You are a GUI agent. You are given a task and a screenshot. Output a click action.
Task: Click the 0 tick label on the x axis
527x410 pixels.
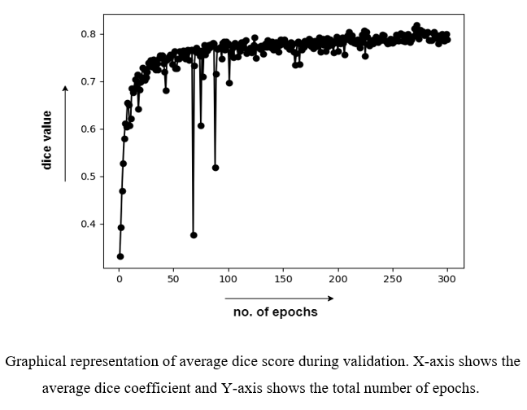tap(120, 279)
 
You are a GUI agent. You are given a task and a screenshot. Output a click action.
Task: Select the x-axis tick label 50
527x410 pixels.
tap(173, 279)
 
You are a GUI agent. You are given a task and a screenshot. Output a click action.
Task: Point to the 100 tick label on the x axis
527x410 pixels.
tap(229, 279)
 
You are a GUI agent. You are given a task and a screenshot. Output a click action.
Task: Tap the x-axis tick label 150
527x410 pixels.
tap(283, 279)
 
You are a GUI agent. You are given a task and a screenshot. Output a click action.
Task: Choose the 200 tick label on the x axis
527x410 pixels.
tap(338, 279)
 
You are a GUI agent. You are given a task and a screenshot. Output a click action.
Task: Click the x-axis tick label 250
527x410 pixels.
tap(392, 279)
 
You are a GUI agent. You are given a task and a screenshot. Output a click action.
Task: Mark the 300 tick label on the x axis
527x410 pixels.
tap(446, 279)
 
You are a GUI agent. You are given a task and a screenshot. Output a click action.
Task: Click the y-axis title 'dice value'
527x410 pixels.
tap(46, 140)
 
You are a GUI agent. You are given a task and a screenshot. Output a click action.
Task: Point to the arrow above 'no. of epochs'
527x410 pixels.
tap(278, 299)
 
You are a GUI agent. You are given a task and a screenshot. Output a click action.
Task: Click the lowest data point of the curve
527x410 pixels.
tap(120, 256)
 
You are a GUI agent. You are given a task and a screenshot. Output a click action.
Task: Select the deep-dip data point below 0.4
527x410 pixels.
tap(194, 234)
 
